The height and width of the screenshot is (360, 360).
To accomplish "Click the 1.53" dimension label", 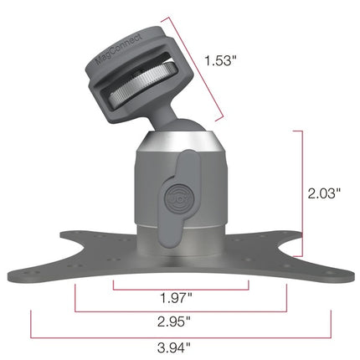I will (220, 59).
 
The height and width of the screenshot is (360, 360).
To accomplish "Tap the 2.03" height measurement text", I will (324, 193).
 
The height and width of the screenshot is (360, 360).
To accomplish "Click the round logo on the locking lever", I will (176, 200).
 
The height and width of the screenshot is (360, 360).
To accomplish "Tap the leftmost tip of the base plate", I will (10, 275).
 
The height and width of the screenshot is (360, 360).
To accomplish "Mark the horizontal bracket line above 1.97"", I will (181, 289).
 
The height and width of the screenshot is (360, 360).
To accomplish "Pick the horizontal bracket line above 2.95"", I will (181, 311).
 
